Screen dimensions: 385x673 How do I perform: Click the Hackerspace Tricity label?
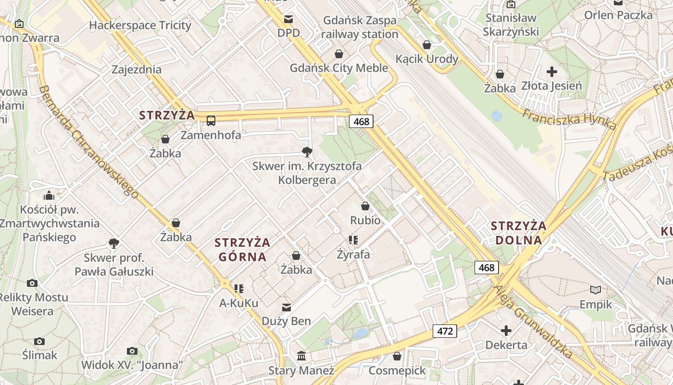(140, 25)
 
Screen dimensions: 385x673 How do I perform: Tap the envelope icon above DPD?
(288, 20)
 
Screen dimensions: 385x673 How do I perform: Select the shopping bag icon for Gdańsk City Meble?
(339, 54)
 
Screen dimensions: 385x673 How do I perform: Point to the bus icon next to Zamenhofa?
(211, 120)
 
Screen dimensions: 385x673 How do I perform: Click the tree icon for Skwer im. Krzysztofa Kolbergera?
(306, 153)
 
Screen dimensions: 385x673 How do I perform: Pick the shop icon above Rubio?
(365, 206)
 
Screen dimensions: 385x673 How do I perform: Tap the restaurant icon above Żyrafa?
(353, 240)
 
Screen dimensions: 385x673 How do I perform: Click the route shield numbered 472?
(445, 331)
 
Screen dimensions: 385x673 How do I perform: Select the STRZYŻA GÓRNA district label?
(242, 249)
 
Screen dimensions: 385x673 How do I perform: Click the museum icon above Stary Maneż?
(301, 356)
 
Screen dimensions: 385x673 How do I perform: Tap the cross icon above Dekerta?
(506, 331)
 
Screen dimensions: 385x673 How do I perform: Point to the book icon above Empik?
(596, 290)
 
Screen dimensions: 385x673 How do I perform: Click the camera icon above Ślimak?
(39, 341)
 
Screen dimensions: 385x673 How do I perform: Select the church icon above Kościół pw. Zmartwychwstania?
(49, 195)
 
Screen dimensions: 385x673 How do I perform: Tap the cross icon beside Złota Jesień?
(552, 72)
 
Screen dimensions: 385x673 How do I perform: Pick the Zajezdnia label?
(137, 69)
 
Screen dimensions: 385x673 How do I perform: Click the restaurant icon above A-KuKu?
(239, 289)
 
